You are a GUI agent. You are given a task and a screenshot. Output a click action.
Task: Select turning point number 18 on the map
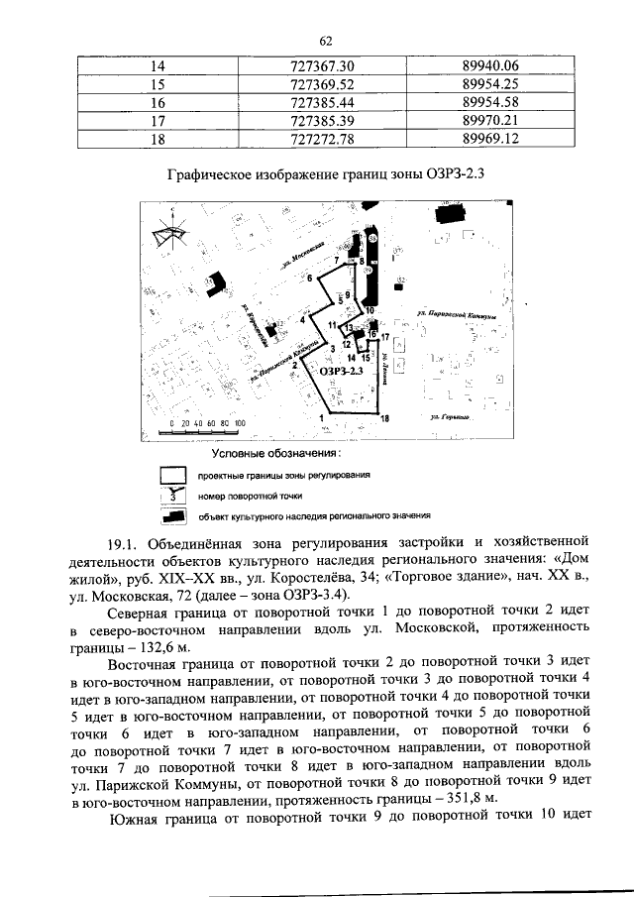click(x=384, y=419)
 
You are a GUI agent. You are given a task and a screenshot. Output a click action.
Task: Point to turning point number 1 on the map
click(x=323, y=418)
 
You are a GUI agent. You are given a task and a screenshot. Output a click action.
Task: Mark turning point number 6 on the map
click(x=309, y=280)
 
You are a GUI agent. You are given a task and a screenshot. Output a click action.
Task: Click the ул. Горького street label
click(x=449, y=418)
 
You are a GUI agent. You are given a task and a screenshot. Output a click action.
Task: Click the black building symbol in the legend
click(x=174, y=514)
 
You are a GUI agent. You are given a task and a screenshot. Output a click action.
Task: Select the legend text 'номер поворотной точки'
click(x=250, y=495)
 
